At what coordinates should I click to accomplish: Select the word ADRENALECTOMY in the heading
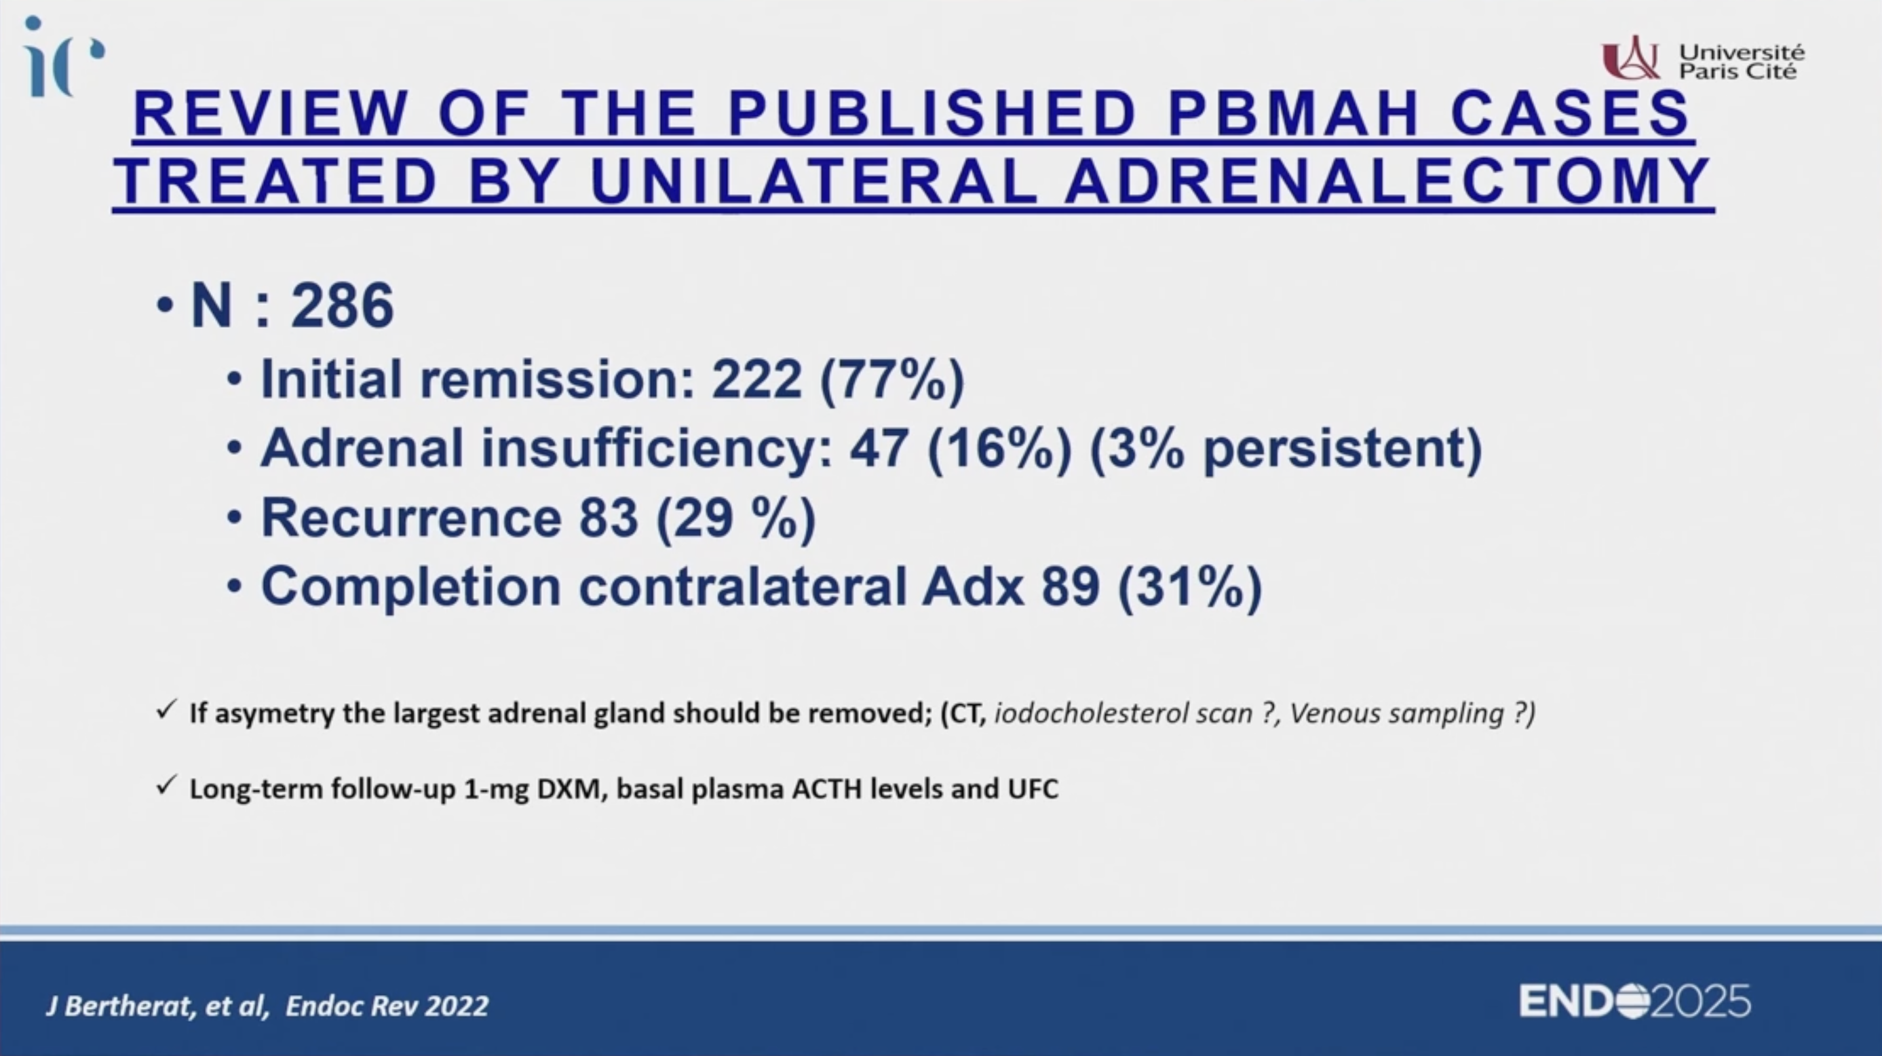1387,181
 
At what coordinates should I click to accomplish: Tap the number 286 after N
343,305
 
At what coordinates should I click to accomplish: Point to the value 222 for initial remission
757,379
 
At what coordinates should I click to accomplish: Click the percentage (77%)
892,380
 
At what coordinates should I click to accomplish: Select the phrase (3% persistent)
1285,449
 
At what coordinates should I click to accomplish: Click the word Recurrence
411,517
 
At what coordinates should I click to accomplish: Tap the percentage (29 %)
735,518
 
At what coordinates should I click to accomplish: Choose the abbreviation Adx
973,586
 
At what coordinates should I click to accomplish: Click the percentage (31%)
1190,587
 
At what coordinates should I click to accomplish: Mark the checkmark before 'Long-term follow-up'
167,786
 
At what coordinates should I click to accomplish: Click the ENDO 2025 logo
1635,1000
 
